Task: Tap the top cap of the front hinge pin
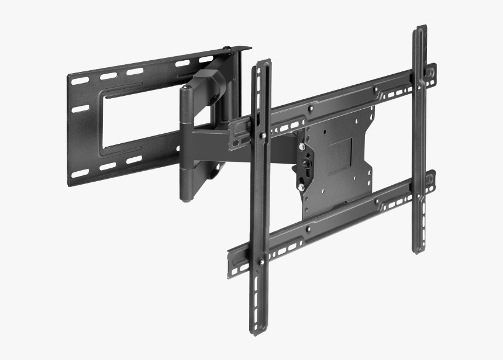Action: pyautogui.click(x=185, y=88)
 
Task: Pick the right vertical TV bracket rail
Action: pyautogui.click(x=419, y=140)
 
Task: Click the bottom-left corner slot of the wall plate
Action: pyautogui.click(x=80, y=174)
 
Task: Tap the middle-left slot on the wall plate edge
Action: pyautogui.click(x=80, y=109)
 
